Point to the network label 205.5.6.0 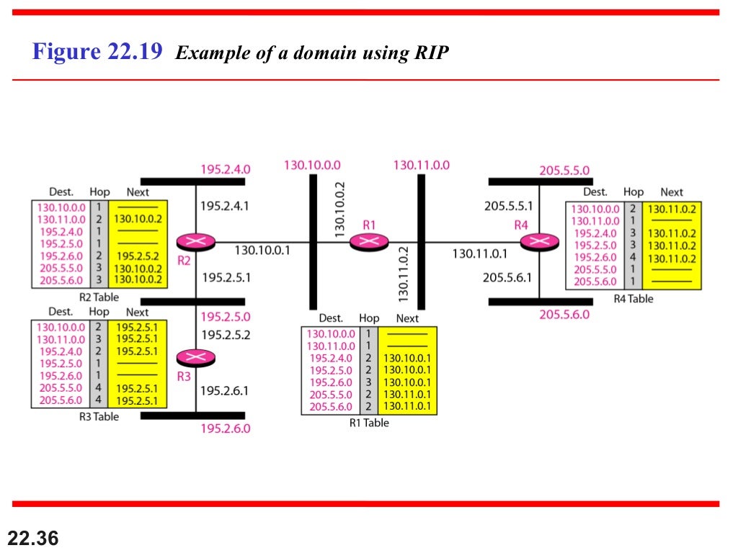point(564,314)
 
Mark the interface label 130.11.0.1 point(479,253)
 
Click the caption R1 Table point(368,423)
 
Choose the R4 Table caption point(633,298)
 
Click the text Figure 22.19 point(97,53)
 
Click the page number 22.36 point(33,536)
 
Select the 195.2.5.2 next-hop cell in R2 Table point(137,256)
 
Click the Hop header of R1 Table point(369,318)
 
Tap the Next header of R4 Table point(671,192)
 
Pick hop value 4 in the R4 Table point(632,258)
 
